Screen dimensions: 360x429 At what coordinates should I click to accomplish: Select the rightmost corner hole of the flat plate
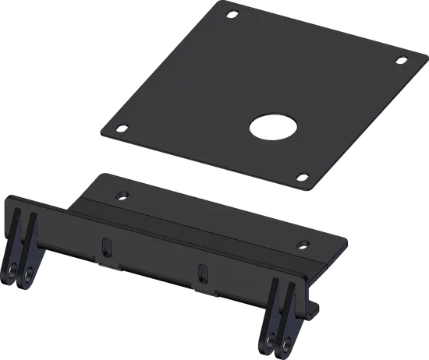click(x=401, y=59)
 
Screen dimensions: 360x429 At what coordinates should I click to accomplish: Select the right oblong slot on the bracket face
click(x=203, y=273)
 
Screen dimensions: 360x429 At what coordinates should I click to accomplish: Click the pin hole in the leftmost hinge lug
click(x=15, y=272)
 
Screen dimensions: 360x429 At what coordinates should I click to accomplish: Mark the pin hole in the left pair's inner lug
click(x=30, y=274)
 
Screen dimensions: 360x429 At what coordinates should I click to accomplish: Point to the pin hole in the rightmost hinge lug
click(x=287, y=341)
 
